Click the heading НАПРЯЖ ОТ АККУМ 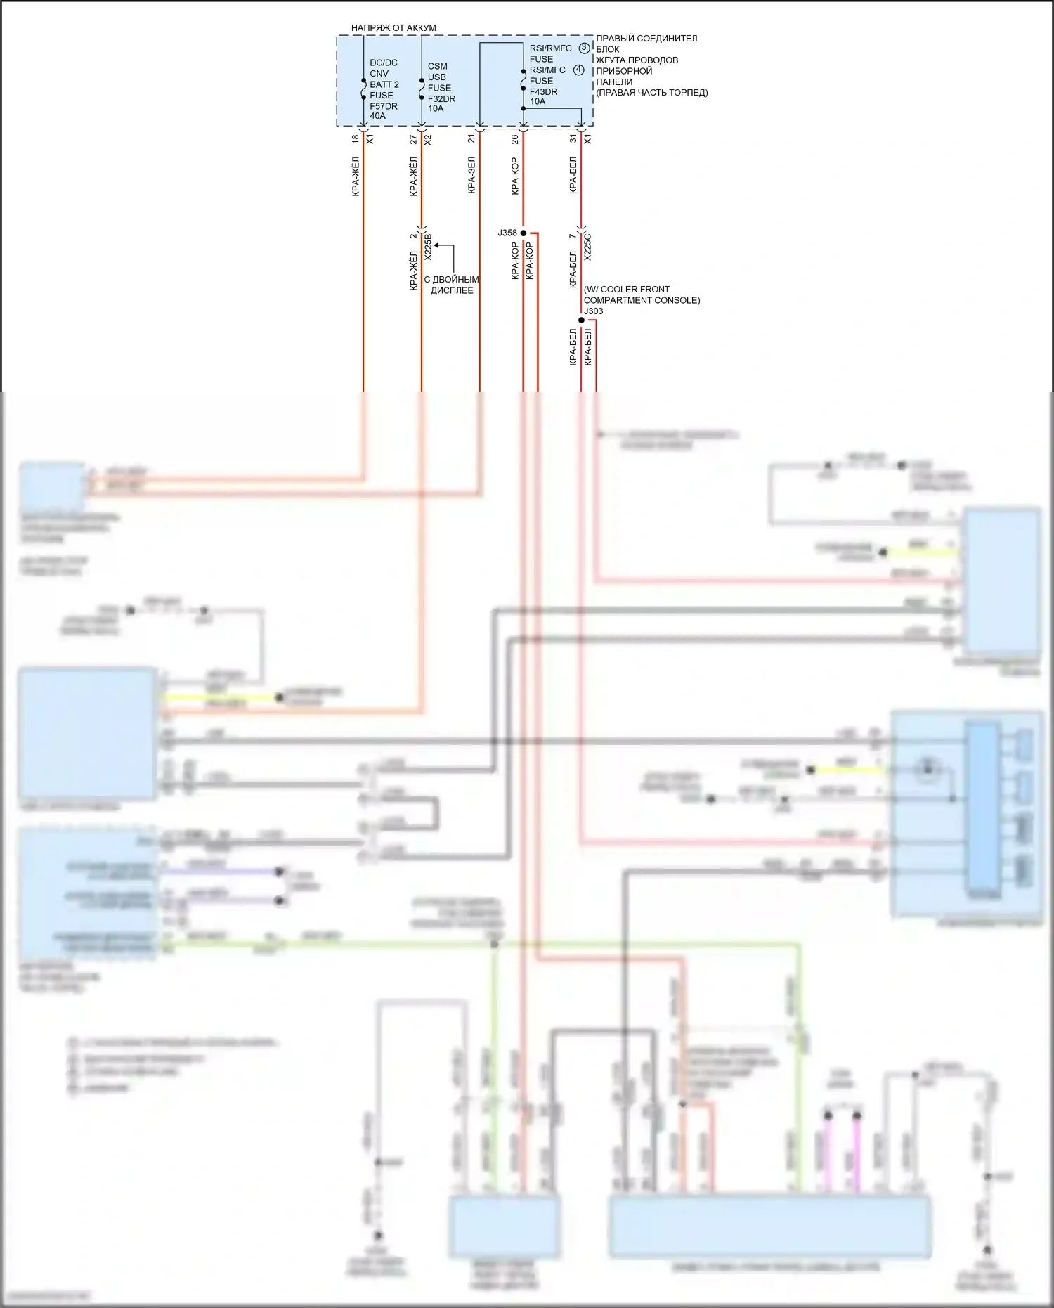coord(393,28)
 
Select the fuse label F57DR coord(384,106)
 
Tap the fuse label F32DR coord(441,98)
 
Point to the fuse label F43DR coord(543,91)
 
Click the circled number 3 coord(585,48)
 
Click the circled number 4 coord(579,70)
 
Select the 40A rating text coord(377,116)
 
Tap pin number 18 coord(355,139)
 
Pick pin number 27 coord(413,140)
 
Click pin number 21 coord(471,139)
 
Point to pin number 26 coord(515,140)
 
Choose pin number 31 coord(573,139)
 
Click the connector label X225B coord(428,247)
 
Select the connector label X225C coord(587,247)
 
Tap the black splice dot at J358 coord(523,233)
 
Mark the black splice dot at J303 coord(581,320)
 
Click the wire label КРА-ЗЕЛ coord(471,176)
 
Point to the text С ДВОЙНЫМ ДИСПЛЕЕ coord(451,285)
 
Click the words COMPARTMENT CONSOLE coord(641,300)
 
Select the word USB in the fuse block coord(436,77)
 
